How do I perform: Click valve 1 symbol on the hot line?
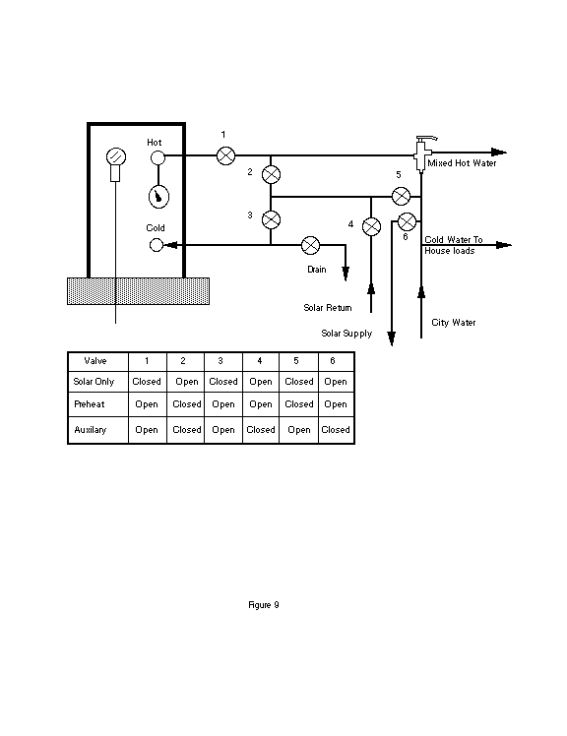point(226,155)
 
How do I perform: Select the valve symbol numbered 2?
point(271,174)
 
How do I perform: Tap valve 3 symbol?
point(271,219)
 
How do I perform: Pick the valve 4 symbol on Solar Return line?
point(371,226)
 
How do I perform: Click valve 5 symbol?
point(401,196)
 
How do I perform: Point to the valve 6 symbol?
point(407,221)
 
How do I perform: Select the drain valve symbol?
point(310,245)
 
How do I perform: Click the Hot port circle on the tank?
point(157,157)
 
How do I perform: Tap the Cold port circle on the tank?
point(157,245)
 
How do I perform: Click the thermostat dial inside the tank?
point(158,197)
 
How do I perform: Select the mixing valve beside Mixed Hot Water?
point(422,153)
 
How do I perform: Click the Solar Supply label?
point(346,334)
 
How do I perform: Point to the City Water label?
point(454,323)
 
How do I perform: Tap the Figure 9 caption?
point(264,604)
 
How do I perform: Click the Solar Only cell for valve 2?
point(186,382)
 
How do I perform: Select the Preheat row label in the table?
point(90,404)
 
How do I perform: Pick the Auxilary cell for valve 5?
point(299,429)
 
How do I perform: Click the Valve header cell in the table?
point(94,361)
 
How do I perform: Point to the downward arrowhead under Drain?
point(346,274)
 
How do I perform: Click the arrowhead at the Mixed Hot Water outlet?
point(499,153)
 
